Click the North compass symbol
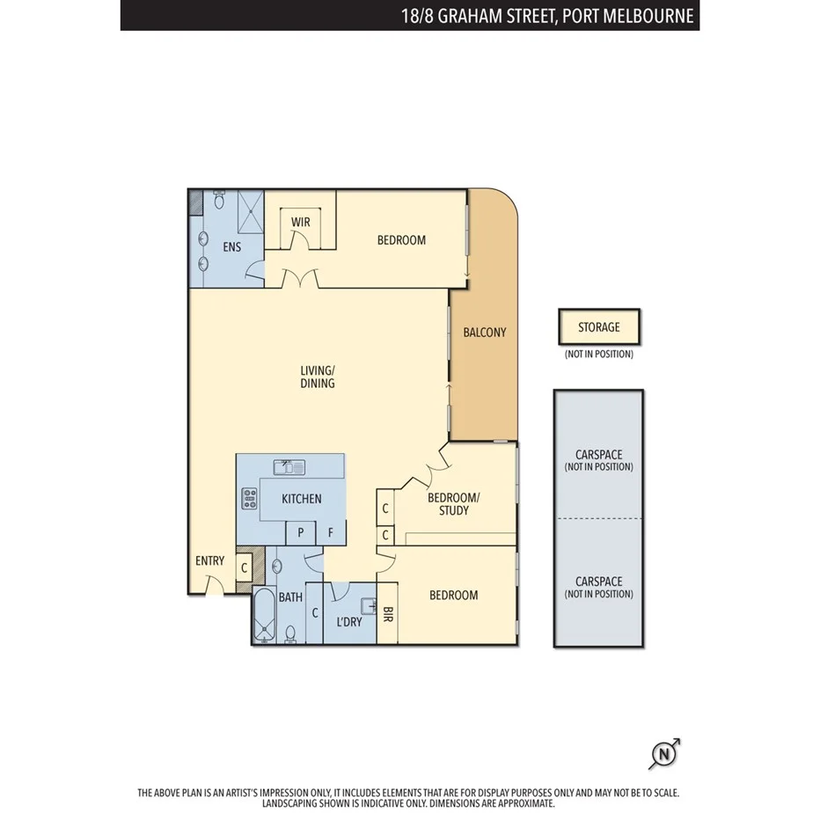664,755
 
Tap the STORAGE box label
598,327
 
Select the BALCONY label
485,333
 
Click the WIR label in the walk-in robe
301,223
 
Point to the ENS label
231,247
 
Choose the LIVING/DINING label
318,377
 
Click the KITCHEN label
301,499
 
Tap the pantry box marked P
301,532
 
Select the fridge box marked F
331,532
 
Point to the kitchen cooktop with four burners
248,499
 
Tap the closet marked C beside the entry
244,568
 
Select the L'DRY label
349,622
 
